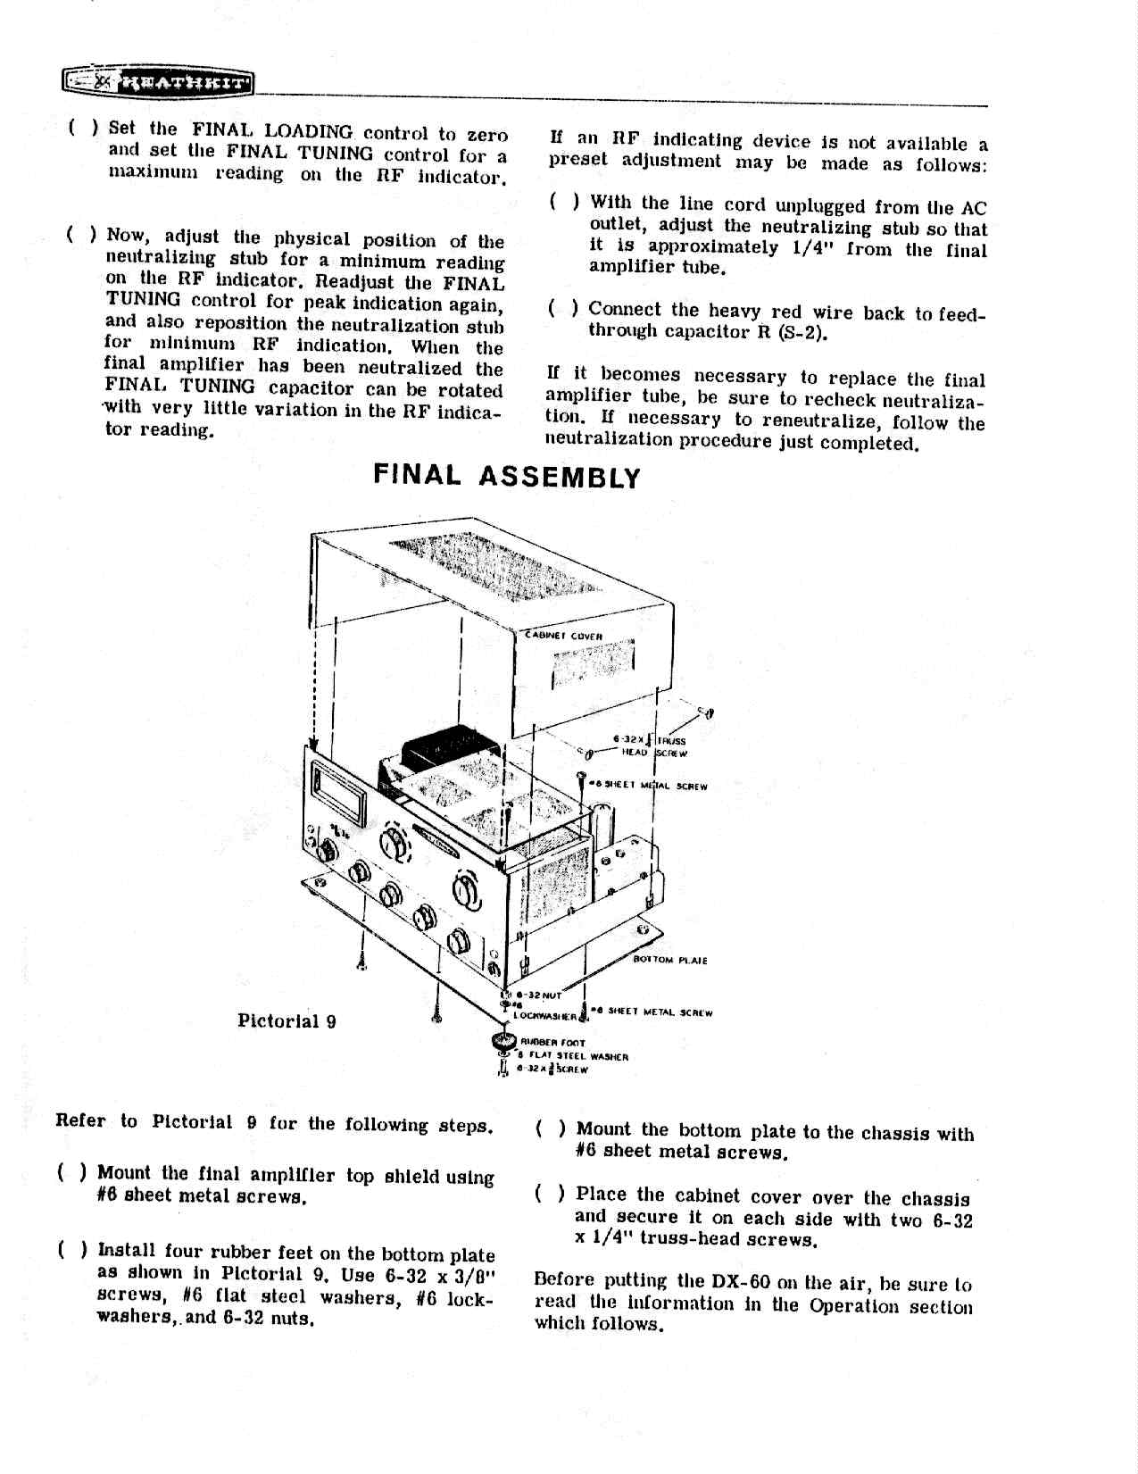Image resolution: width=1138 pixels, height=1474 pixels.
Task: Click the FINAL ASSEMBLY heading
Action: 507,476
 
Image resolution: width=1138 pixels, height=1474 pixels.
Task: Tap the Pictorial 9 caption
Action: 287,1020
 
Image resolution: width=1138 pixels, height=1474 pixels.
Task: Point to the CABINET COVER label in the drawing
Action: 564,636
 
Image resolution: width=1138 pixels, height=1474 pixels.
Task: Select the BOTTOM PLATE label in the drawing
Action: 670,961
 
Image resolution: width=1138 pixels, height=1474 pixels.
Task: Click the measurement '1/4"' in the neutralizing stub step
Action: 813,248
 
